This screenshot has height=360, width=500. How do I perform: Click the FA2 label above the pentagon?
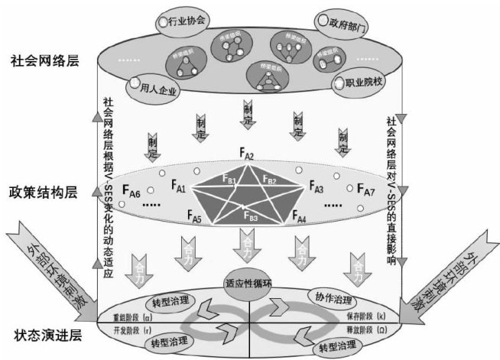pos(246,157)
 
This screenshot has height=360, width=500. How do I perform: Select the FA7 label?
pos(365,189)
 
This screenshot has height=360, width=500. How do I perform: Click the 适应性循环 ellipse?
pos(250,280)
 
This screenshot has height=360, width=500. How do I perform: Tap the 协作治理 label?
pos(332,297)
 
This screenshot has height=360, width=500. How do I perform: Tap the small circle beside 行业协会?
pos(163,22)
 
